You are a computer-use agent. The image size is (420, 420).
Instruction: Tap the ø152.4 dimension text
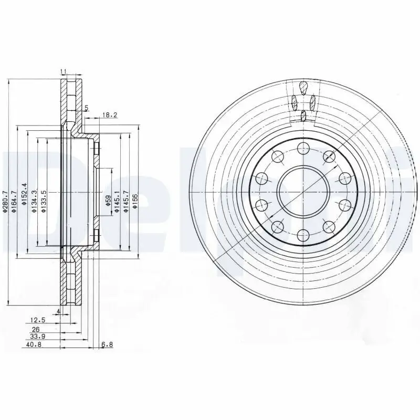[x=24, y=194]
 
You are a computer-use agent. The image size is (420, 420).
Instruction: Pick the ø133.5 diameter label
[x=45, y=199]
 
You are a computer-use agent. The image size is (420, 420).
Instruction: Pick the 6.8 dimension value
[x=107, y=345]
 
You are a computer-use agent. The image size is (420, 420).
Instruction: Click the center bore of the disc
[x=303, y=192]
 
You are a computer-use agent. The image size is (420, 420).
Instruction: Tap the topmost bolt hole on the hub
[x=303, y=149]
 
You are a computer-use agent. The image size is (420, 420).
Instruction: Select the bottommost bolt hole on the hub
[x=303, y=235]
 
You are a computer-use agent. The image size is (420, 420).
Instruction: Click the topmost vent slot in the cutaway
[x=303, y=87]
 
